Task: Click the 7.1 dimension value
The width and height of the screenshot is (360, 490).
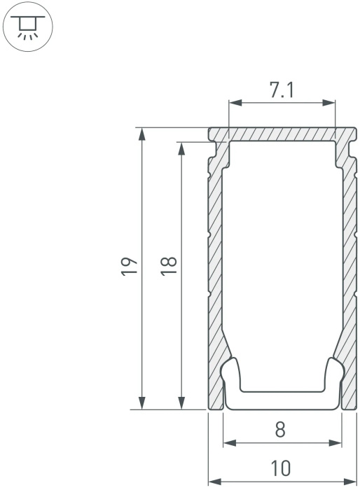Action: pos(282,90)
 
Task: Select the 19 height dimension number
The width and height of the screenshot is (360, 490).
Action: pos(129,266)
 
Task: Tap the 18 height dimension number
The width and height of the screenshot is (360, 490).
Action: pos(169,266)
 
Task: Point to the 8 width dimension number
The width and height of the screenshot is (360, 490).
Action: pos(281,429)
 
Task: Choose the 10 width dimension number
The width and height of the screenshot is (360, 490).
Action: pos(281,468)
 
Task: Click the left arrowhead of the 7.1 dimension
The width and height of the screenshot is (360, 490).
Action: pos(235,102)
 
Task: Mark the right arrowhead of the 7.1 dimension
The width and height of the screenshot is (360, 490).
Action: pos(328,102)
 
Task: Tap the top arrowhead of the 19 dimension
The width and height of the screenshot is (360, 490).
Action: pos(142,134)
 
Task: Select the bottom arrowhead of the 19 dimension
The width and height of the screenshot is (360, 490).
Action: pos(142,402)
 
